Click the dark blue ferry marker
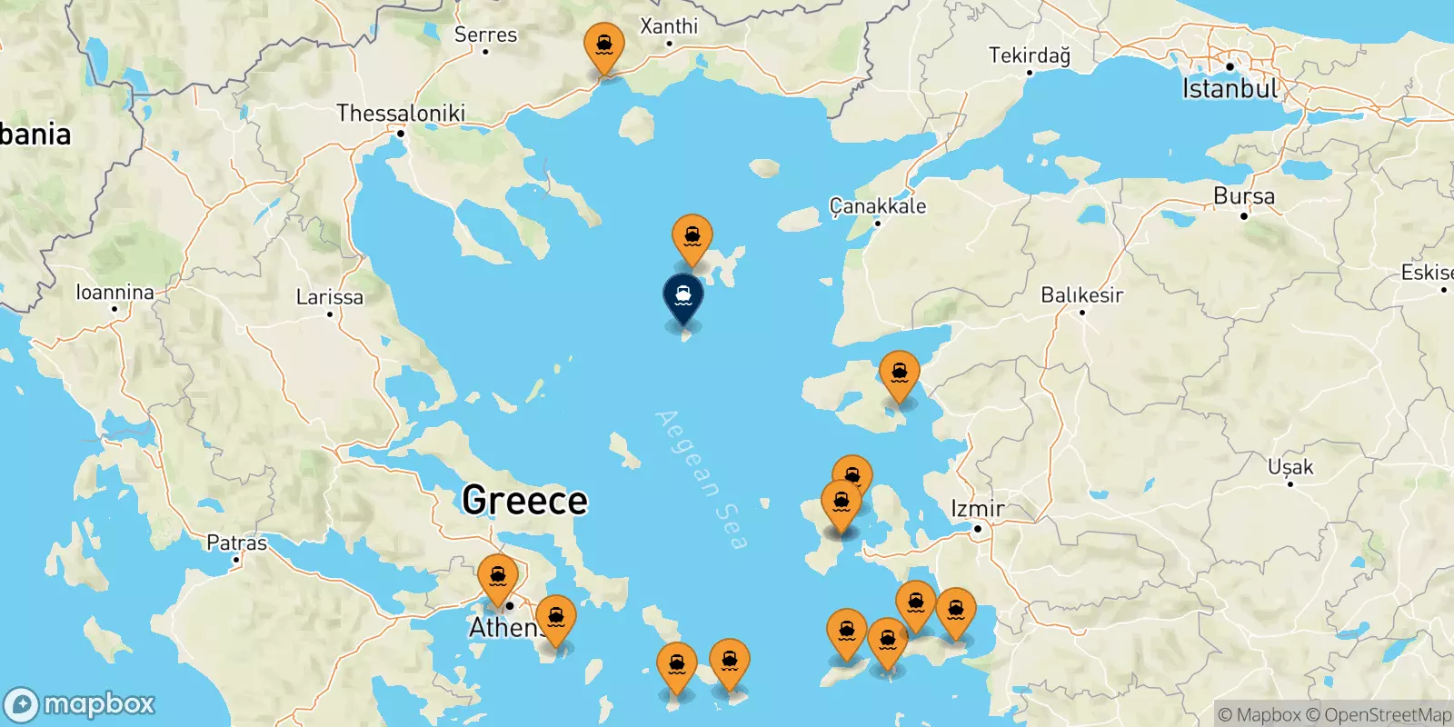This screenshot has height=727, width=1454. click(683, 298)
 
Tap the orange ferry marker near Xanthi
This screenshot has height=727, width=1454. click(604, 45)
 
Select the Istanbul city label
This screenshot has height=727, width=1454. click(1230, 89)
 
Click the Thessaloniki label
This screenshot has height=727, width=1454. click(400, 114)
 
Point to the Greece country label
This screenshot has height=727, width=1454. click(524, 501)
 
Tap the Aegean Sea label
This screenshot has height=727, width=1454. click(702, 479)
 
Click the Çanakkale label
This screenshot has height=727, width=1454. click(878, 206)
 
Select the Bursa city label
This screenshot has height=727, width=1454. click(1243, 196)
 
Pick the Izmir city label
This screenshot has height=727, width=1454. click(977, 509)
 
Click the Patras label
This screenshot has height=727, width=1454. click(236, 543)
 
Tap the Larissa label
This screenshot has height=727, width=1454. click(329, 297)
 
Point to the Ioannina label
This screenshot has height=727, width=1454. click(115, 293)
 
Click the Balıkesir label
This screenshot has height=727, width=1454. click(1081, 295)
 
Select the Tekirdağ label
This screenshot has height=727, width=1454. click(1029, 55)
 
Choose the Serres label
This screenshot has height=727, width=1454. click(485, 35)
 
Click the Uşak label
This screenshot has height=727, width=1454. click(1290, 467)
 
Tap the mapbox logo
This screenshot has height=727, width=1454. click(80, 704)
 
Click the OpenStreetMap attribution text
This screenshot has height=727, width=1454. click(1388, 715)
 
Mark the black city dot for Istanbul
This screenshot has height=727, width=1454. click(1229, 66)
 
